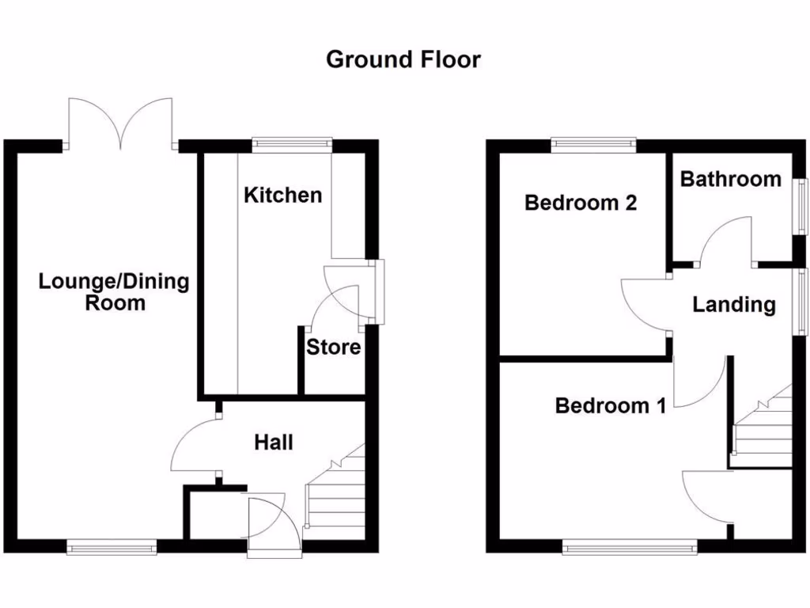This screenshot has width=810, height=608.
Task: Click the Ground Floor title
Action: coord(403,59)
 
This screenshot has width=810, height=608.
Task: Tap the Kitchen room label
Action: coord(282,195)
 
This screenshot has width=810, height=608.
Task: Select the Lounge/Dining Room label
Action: coord(115,291)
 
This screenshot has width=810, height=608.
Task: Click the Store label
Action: coord(333,347)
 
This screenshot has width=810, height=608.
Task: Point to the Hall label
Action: coord(273,442)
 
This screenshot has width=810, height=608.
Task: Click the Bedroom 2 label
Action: coord(581,203)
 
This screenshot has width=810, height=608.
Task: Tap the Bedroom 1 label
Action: coord(610,406)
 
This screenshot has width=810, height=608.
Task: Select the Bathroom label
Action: coord(730,179)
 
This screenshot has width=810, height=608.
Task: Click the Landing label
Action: coord(734,304)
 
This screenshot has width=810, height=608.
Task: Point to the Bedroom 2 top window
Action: coord(593,143)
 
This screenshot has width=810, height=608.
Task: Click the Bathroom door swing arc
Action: coord(726,239)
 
